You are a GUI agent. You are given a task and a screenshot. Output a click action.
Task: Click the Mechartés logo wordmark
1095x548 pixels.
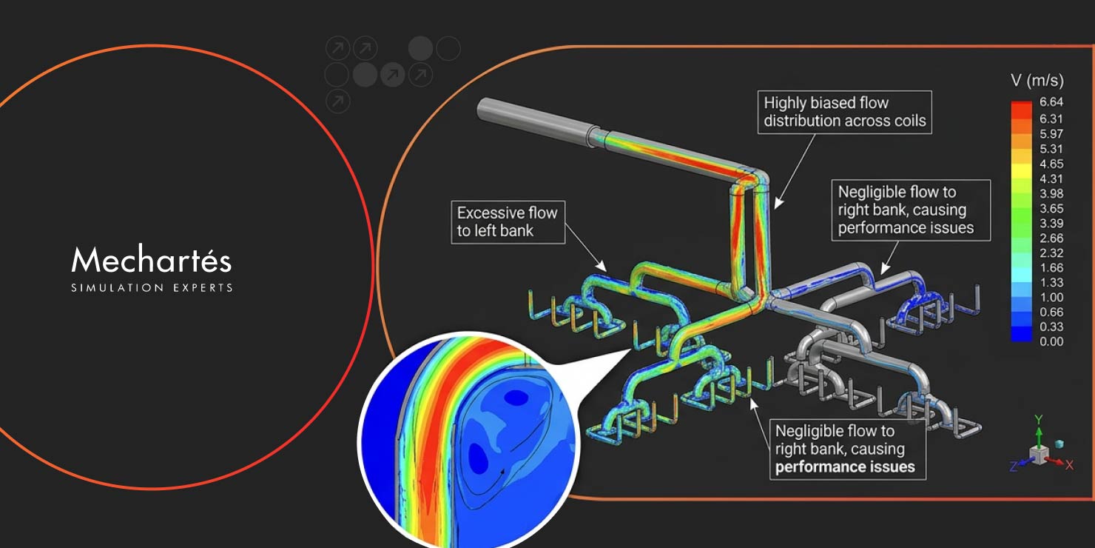(x=152, y=261)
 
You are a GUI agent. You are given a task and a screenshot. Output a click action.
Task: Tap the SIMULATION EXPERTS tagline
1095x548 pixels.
(x=152, y=287)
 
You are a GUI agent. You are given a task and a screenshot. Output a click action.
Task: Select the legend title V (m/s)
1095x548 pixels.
(x=1037, y=81)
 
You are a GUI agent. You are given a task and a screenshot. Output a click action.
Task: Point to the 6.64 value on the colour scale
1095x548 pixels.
(x=1051, y=103)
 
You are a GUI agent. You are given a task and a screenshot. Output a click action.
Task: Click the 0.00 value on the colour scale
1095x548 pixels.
(x=1051, y=341)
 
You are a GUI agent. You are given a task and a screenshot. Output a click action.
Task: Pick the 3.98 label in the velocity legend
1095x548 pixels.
(x=1051, y=193)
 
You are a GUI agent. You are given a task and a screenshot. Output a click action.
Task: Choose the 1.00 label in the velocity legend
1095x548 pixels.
(x=1051, y=297)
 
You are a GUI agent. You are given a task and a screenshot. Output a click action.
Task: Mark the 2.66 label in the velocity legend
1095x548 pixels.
(x=1051, y=238)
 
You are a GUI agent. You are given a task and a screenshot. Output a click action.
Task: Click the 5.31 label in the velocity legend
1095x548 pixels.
(x=1051, y=149)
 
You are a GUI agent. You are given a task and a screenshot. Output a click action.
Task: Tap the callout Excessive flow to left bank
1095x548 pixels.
(x=507, y=222)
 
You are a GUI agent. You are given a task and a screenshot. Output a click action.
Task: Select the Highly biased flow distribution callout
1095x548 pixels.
(x=844, y=112)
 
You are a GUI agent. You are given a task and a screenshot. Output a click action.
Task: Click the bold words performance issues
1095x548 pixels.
(x=845, y=467)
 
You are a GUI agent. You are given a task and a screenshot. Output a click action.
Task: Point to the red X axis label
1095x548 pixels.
(x=1069, y=465)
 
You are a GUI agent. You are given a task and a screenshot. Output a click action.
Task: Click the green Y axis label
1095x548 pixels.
(x=1038, y=420)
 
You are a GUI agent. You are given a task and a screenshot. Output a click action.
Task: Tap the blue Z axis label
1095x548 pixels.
(x=1013, y=467)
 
